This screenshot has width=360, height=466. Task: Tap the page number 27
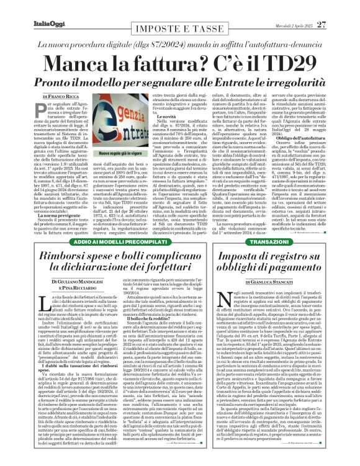338,7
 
